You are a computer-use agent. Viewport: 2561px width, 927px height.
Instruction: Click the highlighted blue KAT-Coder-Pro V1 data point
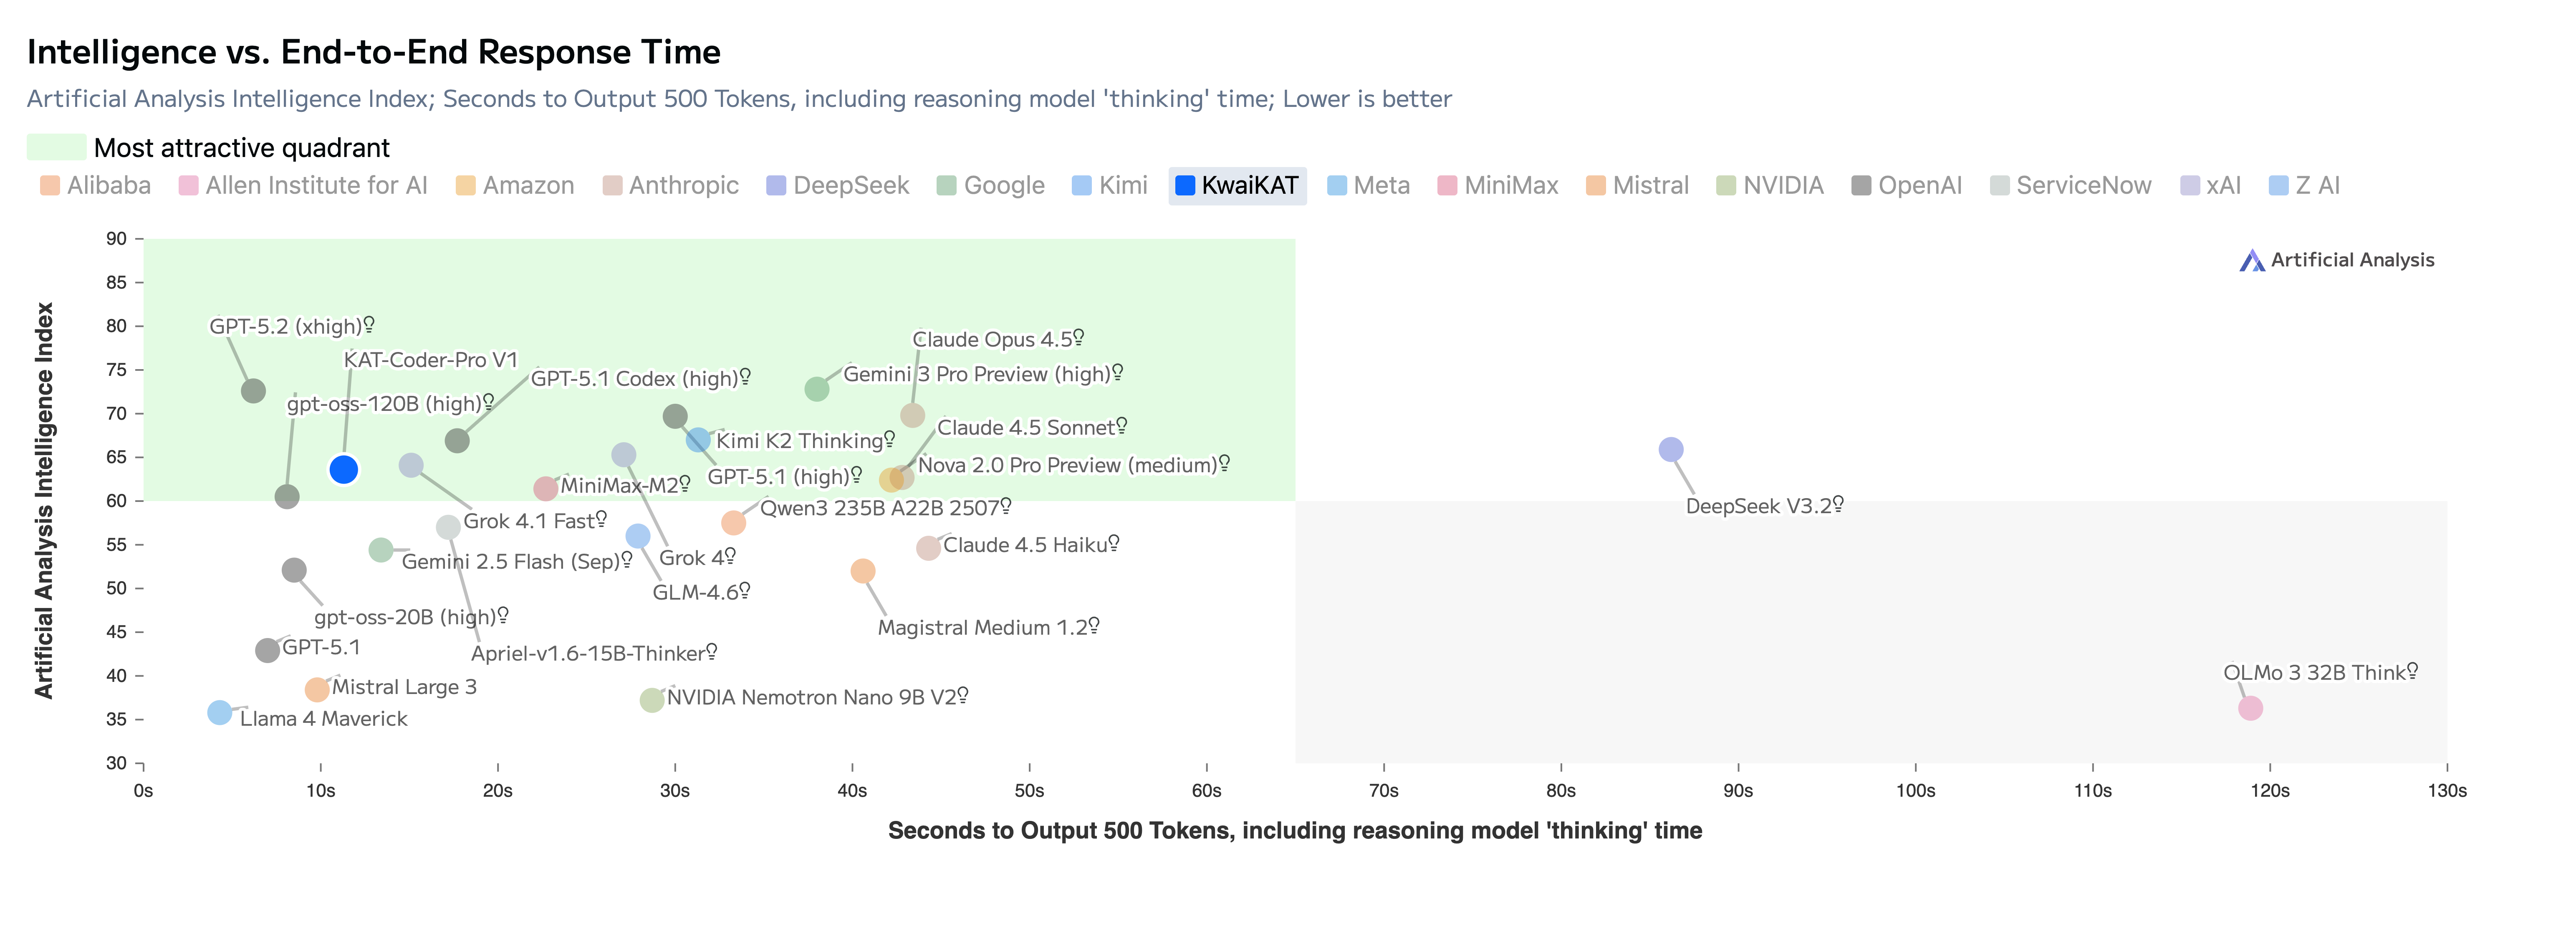tap(343, 469)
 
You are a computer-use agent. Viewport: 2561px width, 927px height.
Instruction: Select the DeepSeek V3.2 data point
tap(1671, 450)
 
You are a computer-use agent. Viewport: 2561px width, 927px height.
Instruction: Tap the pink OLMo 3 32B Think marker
tap(2250, 708)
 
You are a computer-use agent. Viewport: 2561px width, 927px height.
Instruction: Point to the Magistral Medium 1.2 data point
tap(863, 571)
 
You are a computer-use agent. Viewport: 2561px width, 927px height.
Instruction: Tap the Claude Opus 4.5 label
tap(992, 339)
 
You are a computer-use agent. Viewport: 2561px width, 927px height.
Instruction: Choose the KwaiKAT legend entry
tap(1238, 186)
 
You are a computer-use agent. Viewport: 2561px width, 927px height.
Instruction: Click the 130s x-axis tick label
tap(2447, 791)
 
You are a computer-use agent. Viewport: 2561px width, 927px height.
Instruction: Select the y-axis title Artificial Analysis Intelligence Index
tap(44, 500)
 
